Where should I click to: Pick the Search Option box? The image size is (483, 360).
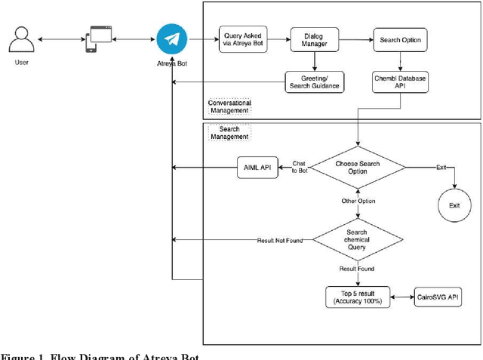400,40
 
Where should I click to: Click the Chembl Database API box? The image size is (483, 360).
400,82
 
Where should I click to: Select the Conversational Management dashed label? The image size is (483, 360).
229,106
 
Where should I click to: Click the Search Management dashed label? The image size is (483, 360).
229,132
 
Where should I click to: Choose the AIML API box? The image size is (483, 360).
257,167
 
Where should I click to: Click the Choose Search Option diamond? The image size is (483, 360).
357,167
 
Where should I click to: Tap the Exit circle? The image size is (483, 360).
454,205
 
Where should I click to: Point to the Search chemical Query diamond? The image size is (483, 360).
357,240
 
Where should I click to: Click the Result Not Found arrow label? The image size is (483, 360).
279,241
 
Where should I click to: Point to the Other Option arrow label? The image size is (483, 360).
357,202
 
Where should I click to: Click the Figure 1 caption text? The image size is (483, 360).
100,355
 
